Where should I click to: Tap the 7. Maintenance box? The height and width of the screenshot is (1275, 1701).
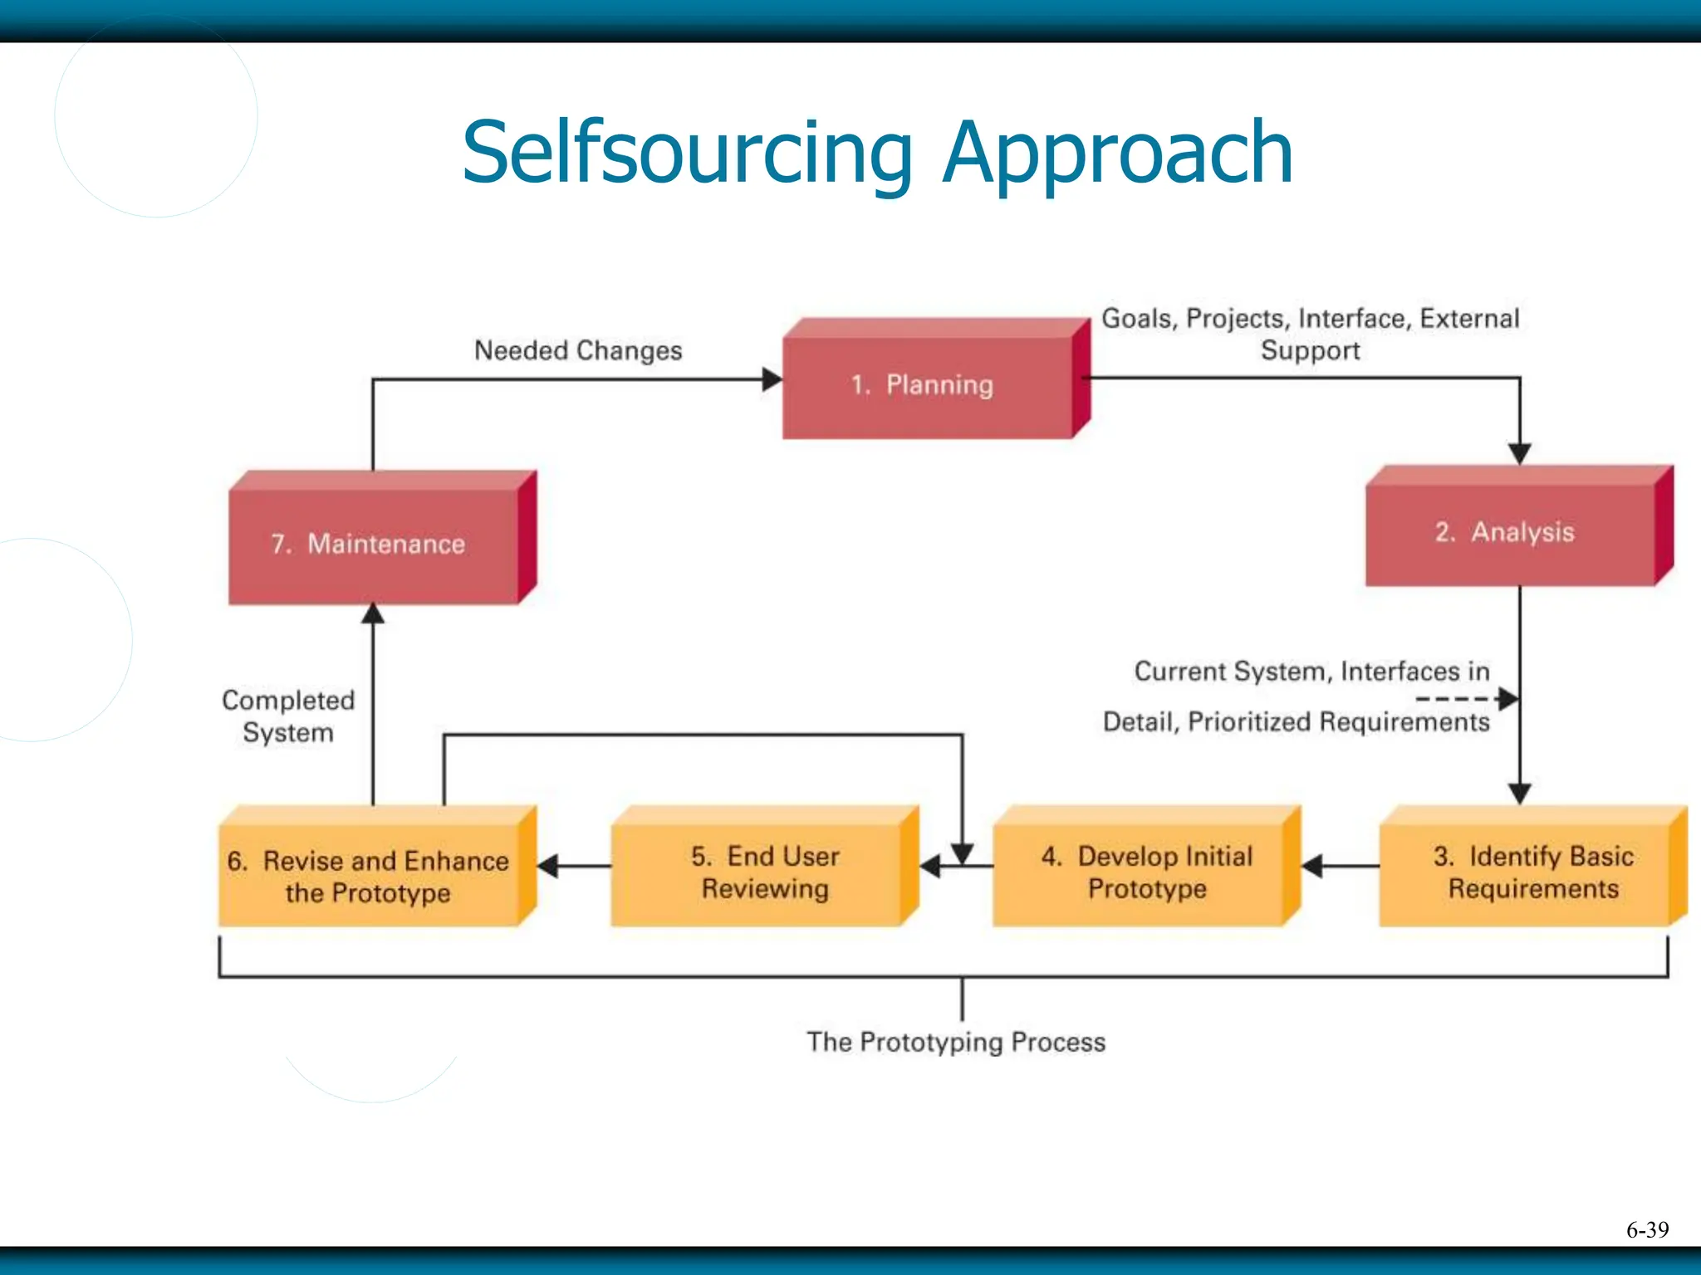373,545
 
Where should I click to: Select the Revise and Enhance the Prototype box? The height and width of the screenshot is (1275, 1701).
369,875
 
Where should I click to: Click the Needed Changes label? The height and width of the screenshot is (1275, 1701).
578,350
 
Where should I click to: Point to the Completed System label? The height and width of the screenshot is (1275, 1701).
287,716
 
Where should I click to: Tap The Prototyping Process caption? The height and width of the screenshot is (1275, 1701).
956,1042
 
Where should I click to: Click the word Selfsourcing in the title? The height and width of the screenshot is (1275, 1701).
688,153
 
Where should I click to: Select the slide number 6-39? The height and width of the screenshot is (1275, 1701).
1647,1229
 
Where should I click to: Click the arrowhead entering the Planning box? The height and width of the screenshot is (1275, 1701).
772,380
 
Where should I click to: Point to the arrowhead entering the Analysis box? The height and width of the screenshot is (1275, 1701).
1519,454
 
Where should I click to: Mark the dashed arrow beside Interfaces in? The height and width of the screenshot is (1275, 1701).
1466,699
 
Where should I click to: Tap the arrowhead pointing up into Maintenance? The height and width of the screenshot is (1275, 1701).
373,613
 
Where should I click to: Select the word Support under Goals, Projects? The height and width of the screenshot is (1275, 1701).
1310,350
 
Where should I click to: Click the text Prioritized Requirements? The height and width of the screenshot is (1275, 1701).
1338,722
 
